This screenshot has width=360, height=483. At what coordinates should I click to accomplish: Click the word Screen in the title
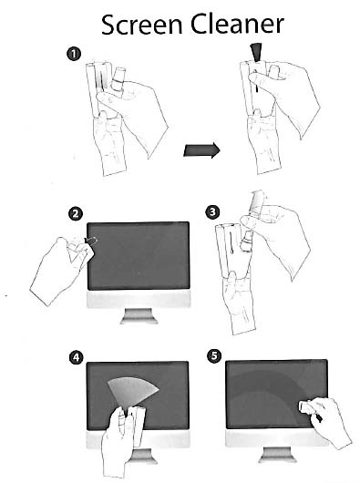142,25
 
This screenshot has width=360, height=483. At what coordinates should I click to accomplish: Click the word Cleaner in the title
237,24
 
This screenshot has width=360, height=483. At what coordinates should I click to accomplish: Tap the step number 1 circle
74,54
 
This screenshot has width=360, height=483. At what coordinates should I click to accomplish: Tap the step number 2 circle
76,213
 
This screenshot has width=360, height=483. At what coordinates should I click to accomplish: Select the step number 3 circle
212,212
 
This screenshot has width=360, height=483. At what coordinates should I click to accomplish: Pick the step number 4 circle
76,357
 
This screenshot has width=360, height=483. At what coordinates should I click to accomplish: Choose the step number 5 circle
214,355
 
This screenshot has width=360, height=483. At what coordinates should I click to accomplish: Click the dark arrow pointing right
201,150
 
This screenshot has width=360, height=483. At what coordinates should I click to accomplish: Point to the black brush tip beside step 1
256,51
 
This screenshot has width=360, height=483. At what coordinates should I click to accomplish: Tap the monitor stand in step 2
139,316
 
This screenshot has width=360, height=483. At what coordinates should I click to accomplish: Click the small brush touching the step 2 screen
91,241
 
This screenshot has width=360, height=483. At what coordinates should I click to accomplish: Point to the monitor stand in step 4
142,456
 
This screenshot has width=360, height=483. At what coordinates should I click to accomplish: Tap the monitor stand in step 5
277,455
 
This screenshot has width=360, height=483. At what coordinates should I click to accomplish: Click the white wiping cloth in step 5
306,406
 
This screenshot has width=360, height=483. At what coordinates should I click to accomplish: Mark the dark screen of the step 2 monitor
139,256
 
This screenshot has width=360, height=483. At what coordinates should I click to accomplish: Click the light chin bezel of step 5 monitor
277,437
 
